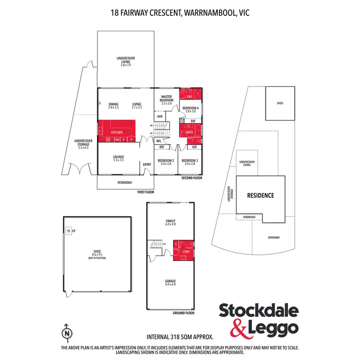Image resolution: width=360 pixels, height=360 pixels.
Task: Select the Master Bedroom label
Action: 167,99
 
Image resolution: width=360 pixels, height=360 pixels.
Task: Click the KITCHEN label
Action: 117,132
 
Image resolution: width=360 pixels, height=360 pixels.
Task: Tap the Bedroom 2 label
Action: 166,162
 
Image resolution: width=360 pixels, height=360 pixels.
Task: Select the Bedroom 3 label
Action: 190,162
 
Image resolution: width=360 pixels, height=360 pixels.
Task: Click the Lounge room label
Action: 119,158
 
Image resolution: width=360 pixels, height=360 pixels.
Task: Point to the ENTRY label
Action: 147,165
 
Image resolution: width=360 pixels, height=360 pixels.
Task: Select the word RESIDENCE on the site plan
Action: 260,195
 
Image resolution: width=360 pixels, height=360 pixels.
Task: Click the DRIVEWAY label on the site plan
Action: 274,237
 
